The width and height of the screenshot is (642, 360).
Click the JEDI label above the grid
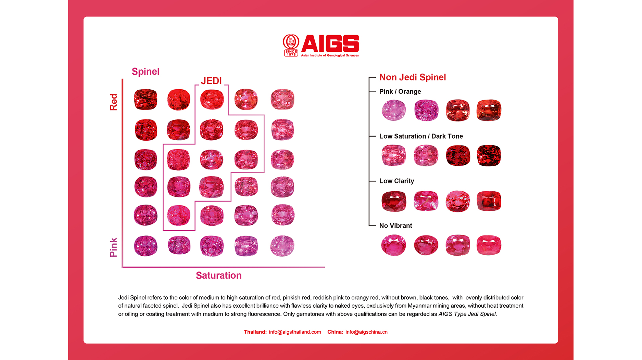coord(211,81)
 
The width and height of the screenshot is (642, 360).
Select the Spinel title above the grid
coord(146,72)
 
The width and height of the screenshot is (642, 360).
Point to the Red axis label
coord(113,102)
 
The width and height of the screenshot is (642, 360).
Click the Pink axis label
coord(113,247)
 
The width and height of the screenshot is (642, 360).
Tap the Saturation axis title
coord(218,275)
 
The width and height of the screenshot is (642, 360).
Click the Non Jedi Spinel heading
coord(413,77)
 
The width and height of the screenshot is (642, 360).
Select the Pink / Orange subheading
coord(400,92)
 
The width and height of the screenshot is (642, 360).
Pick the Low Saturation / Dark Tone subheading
coord(421,136)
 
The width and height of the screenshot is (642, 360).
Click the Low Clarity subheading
coord(396,181)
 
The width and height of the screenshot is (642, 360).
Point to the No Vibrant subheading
coord(395,226)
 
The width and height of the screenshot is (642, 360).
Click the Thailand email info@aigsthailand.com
coord(295,332)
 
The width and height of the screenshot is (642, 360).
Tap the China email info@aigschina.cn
coord(366,332)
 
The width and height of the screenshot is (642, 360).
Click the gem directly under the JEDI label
coord(212,99)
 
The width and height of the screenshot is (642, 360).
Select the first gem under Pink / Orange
coord(394,110)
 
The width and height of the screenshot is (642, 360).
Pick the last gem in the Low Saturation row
coord(489,155)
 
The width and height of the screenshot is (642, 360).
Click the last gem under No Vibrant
coord(489,245)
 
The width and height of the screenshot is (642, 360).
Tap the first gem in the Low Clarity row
coord(394,201)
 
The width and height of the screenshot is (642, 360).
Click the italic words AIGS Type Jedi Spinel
coord(467,314)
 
